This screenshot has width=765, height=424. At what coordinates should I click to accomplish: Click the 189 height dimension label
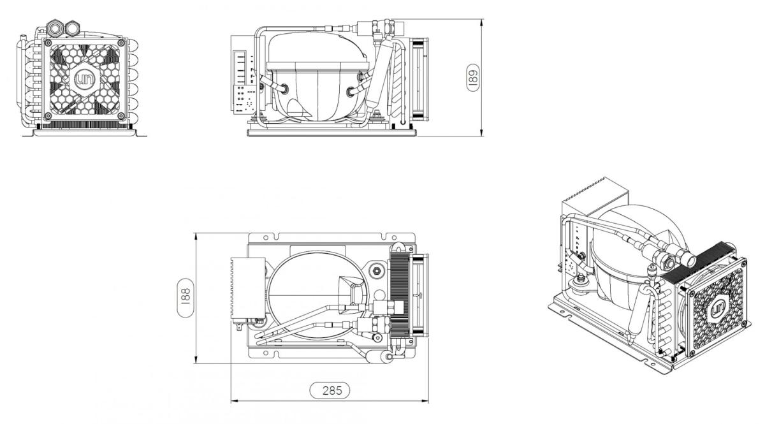click(472, 78)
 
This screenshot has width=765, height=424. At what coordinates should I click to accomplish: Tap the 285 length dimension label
click(330, 390)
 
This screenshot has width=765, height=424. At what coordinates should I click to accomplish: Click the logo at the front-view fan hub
click(84, 80)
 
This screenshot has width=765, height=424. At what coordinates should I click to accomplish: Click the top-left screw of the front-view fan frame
click(48, 43)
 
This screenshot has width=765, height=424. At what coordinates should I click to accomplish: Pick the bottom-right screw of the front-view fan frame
click(121, 116)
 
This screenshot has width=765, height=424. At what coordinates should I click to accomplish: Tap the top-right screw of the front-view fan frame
click(121, 43)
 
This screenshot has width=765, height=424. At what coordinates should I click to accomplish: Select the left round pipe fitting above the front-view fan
click(54, 27)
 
